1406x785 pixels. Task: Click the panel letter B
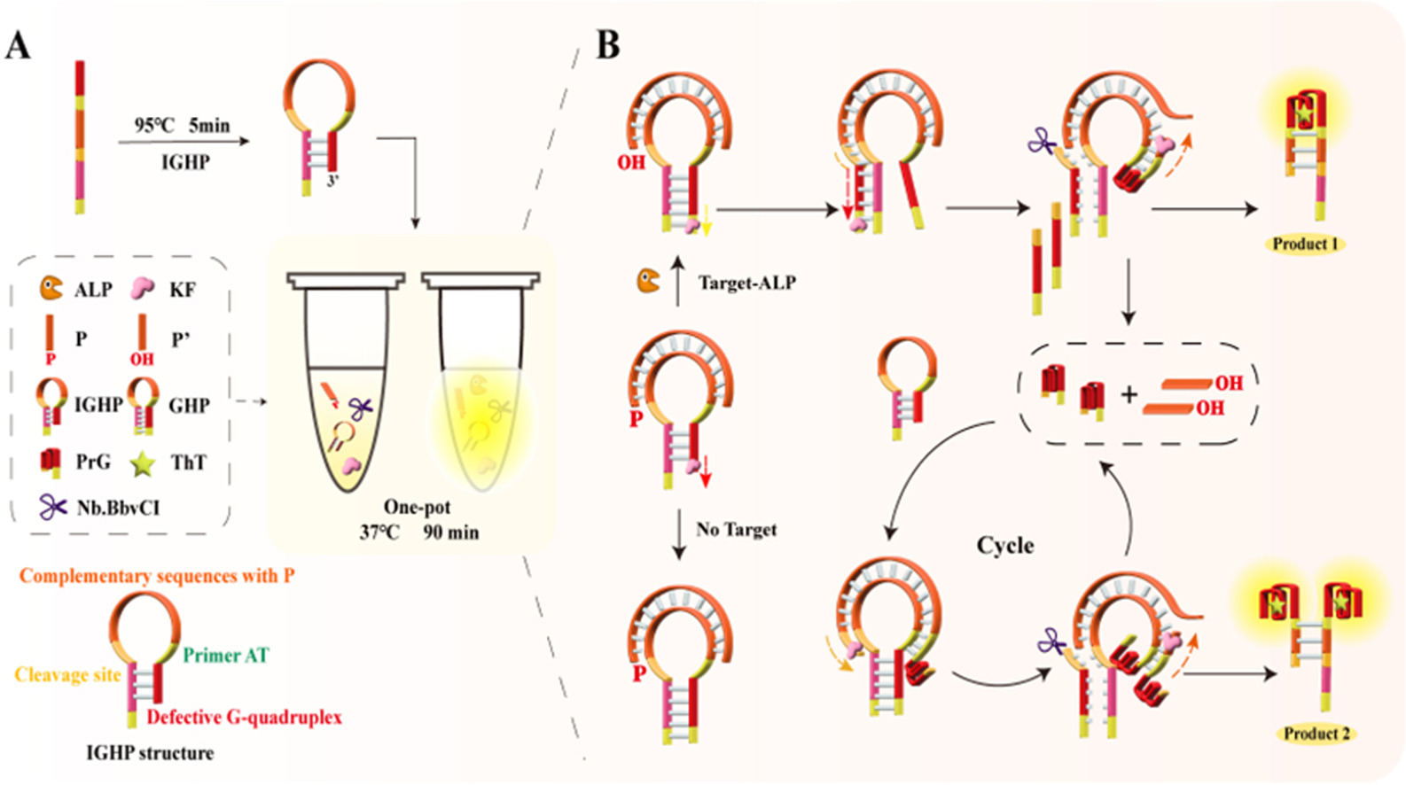click(x=607, y=45)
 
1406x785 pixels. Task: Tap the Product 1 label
click(x=1305, y=244)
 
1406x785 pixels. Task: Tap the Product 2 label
click(x=1316, y=733)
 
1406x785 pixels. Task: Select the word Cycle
click(x=1005, y=545)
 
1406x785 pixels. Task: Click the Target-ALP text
click(x=747, y=283)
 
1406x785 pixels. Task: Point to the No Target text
click(x=737, y=530)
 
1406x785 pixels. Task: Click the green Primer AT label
click(x=226, y=656)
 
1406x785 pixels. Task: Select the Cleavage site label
click(x=67, y=675)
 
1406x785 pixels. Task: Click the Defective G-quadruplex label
click(x=244, y=718)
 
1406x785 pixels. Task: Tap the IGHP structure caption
click(x=150, y=753)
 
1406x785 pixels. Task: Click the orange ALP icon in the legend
click(x=51, y=288)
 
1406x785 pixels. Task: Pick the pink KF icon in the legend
click(x=142, y=288)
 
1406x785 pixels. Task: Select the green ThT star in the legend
click(x=142, y=463)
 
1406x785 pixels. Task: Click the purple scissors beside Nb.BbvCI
click(x=52, y=507)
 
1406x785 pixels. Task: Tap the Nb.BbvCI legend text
click(x=119, y=508)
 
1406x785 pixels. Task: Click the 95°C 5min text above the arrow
click(x=182, y=126)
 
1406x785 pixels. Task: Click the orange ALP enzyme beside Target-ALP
click(x=648, y=281)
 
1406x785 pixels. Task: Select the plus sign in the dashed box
click(x=1129, y=394)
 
